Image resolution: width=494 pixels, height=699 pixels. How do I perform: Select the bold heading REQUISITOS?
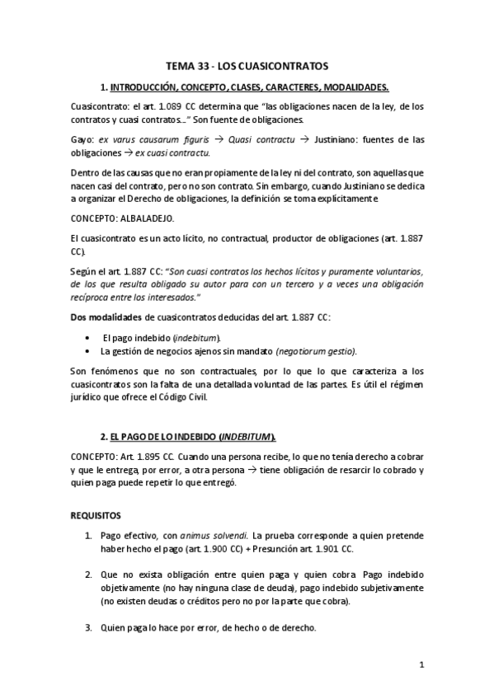[96, 516]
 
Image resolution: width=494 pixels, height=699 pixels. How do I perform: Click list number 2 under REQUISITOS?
[89, 574]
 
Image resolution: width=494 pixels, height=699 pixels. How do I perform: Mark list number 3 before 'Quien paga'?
[89, 628]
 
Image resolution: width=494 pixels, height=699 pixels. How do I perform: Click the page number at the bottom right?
[421, 665]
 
